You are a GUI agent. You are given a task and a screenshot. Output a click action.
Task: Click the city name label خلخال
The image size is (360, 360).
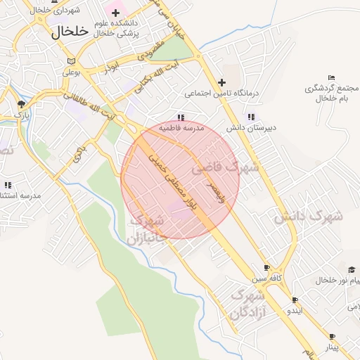tap(71, 31)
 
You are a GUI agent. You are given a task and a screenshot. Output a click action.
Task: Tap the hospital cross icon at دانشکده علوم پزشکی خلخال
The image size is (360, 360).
tap(115, 13)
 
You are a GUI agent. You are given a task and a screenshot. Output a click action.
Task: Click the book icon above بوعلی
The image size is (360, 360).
tap(67, 60)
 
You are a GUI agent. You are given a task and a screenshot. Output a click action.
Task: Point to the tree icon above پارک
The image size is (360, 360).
tap(20, 104)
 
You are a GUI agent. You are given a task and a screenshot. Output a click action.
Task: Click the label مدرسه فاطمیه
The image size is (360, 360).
tap(181, 129)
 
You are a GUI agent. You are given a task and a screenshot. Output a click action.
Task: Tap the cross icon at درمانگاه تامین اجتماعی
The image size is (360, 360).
tap(222, 82)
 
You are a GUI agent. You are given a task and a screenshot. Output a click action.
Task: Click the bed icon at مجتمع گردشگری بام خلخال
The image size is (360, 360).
tap(331, 77)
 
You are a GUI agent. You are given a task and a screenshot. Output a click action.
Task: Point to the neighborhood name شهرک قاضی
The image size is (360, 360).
tap(225, 169)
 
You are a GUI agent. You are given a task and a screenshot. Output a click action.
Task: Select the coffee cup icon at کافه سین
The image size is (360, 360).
tap(266, 268)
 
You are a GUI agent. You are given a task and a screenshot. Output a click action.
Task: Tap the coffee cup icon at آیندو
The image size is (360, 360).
tap(295, 300)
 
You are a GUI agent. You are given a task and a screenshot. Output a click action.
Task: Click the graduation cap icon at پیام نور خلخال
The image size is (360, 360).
tap(351, 269)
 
